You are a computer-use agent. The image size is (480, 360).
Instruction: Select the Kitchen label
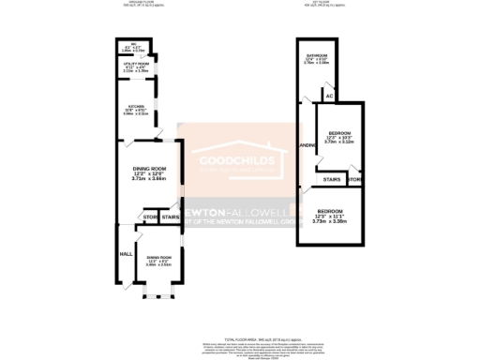point(135,107)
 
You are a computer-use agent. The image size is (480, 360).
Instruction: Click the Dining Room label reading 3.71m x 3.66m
point(149,174)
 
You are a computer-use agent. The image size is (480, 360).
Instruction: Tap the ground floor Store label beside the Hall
point(151,218)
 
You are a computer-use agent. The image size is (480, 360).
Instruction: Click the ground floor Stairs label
point(170,218)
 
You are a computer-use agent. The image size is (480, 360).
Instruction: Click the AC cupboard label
point(329,96)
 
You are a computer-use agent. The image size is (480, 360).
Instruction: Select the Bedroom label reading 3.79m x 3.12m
point(339,137)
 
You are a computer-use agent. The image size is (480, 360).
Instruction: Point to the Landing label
point(306,147)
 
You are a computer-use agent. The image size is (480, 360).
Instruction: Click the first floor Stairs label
point(331,178)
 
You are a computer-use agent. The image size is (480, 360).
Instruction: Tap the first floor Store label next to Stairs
point(355,178)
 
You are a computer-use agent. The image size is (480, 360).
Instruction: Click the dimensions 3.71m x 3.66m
point(149,181)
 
